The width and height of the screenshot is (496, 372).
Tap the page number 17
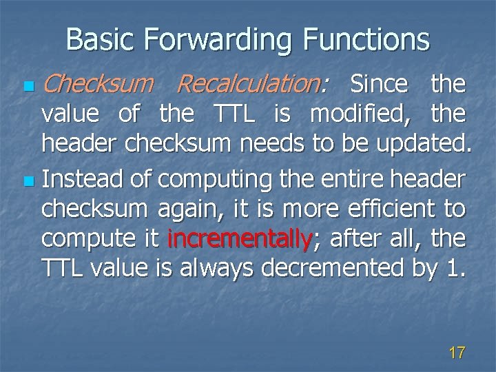(x=456, y=353)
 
